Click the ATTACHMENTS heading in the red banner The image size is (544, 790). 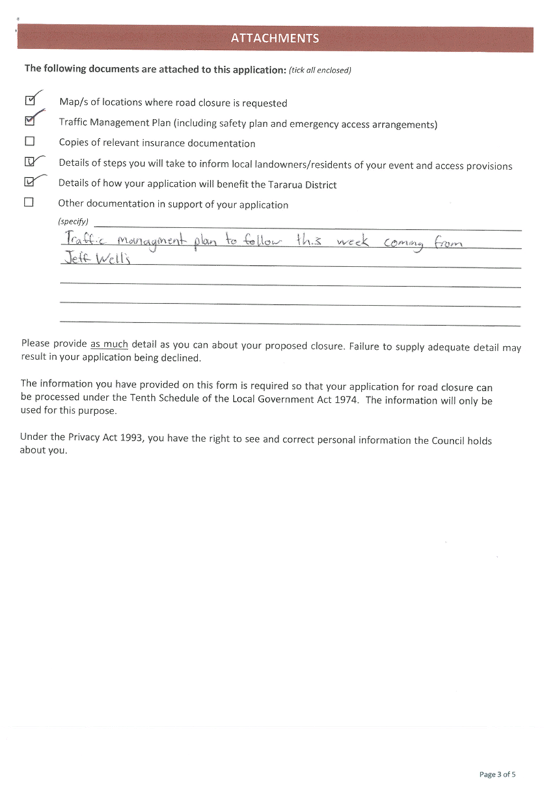(275, 38)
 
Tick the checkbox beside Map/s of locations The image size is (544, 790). (29, 100)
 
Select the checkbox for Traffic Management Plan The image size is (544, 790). (29, 121)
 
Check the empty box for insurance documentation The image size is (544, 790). (29, 141)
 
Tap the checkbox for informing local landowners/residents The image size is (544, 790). (29, 162)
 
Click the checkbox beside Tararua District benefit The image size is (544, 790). (29, 182)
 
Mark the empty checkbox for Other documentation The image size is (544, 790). (29, 202)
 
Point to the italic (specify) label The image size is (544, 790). (73, 221)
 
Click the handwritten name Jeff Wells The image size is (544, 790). (97, 258)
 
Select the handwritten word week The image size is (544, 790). (353, 241)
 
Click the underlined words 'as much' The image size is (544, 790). (109, 344)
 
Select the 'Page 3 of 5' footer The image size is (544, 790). (497, 774)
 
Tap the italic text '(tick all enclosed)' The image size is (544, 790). (320, 70)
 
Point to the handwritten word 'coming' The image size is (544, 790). (403, 244)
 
